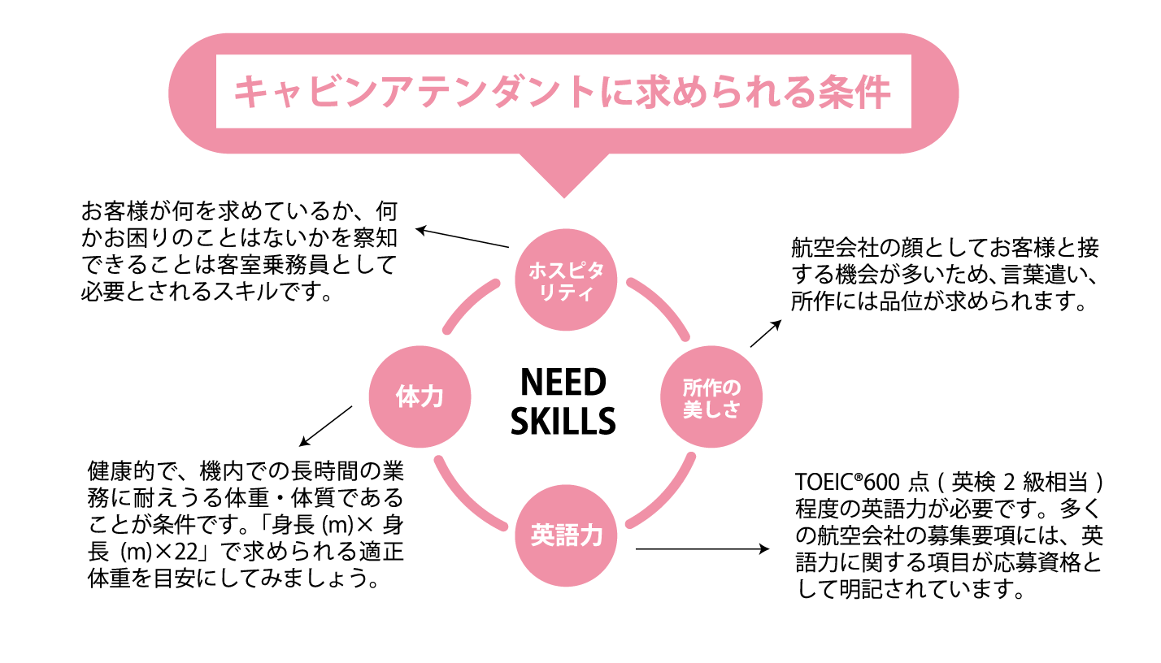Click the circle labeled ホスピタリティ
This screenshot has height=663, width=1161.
[566, 279]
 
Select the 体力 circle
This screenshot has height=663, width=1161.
[420, 396]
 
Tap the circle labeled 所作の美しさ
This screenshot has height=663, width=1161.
[711, 396]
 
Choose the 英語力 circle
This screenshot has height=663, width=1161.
[566, 535]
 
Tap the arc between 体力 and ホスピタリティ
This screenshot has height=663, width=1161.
[467, 303]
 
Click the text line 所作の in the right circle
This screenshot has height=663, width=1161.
[711, 387]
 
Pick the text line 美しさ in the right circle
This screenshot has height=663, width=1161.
[711, 409]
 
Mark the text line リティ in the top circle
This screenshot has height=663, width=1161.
[566, 292]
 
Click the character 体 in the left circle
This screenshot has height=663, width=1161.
[407, 396]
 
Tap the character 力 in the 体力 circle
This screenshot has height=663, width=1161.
[432, 396]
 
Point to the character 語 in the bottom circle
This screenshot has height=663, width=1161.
[567, 535]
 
